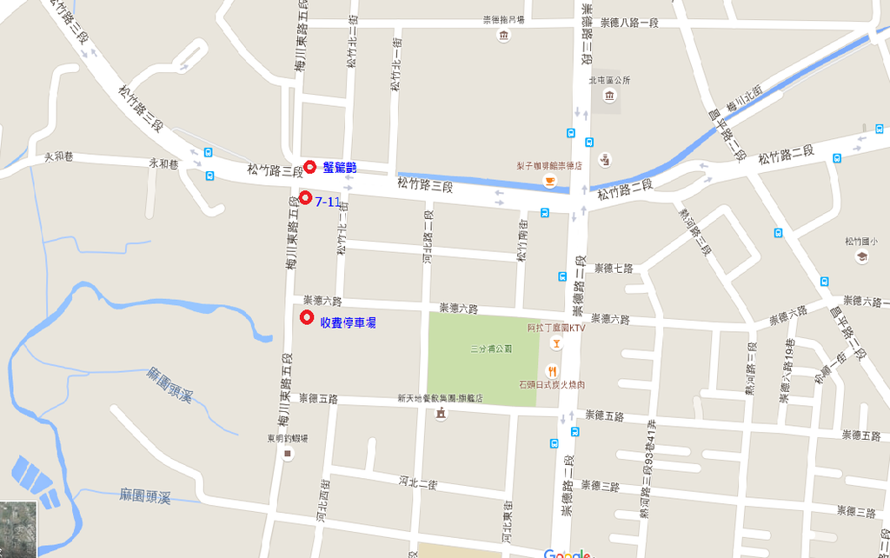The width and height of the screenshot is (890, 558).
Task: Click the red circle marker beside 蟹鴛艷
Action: tap(309, 167)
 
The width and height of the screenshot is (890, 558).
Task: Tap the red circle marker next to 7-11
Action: tap(305, 197)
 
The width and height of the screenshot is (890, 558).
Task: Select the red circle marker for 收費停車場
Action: tap(306, 318)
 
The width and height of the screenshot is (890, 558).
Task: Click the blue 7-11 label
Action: tap(327, 202)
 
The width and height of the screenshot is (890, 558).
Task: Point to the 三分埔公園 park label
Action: tap(491, 349)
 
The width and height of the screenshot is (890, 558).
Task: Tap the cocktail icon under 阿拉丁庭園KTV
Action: tap(556, 342)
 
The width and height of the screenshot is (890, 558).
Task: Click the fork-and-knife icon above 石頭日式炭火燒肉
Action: tap(551, 370)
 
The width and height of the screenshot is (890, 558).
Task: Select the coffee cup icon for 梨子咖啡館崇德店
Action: tap(549, 180)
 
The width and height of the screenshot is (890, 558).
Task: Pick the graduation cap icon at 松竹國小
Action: tap(861, 257)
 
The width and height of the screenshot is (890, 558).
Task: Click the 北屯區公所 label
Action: tap(608, 80)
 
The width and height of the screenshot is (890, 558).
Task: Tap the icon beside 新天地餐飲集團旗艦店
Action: tap(441, 414)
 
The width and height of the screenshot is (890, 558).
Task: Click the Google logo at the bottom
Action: tap(567, 553)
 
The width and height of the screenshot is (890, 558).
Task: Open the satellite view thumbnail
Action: tap(18, 529)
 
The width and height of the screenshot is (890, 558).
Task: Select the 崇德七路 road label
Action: tap(614, 268)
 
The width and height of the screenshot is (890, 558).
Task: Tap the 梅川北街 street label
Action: tap(744, 101)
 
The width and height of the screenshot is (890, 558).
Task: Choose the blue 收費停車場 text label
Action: tap(348, 322)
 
